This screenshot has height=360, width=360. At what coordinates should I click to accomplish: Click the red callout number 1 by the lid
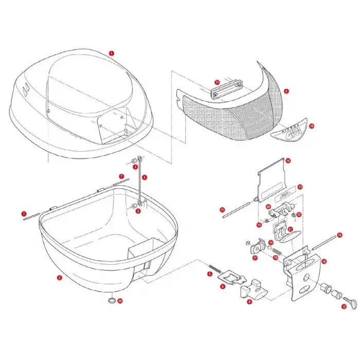112,53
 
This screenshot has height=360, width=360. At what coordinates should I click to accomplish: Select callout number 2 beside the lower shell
60,278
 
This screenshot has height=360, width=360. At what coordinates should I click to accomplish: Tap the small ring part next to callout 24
111,300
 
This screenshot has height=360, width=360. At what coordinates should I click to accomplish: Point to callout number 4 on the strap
145,177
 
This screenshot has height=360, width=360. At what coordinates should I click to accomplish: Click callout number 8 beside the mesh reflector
286,91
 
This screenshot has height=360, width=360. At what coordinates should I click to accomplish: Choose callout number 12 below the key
344,307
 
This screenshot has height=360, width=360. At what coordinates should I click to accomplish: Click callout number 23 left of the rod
222,210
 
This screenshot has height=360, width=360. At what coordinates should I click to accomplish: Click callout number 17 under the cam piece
255,258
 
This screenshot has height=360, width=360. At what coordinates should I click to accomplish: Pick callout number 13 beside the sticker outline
300,187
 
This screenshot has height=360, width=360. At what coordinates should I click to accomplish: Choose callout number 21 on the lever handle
290,229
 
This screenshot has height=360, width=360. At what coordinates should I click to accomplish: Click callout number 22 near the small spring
299,215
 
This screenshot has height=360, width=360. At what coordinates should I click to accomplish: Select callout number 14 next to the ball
270,242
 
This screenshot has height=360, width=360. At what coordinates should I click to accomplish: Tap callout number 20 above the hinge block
268,206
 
